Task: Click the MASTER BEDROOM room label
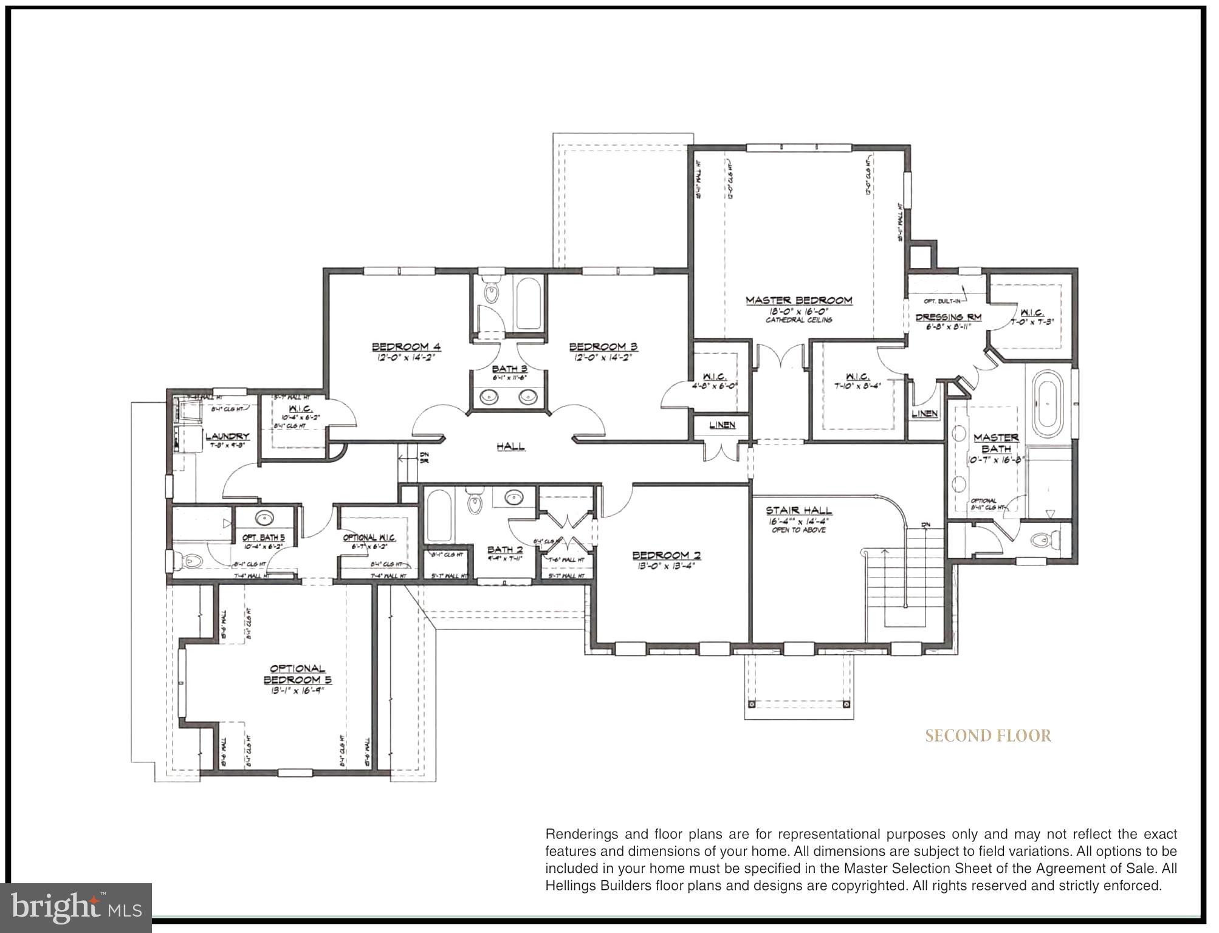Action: [798, 300]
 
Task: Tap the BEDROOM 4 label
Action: [407, 347]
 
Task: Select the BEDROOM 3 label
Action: [603, 347]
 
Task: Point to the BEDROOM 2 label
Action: [666, 555]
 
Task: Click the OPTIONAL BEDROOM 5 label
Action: [297, 674]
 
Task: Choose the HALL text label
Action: [510, 446]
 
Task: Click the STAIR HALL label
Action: [798, 510]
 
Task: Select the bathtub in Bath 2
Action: [439, 516]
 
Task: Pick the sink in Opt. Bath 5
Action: [264, 519]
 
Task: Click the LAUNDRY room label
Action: [227, 436]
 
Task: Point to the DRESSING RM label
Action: [948, 317]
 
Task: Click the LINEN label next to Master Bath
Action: [925, 414]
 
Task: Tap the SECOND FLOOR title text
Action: [988, 736]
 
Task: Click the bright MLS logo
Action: [76, 907]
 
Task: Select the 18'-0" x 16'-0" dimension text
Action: [798, 311]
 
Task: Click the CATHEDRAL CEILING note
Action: [798, 320]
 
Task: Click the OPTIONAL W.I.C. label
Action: [369, 538]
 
